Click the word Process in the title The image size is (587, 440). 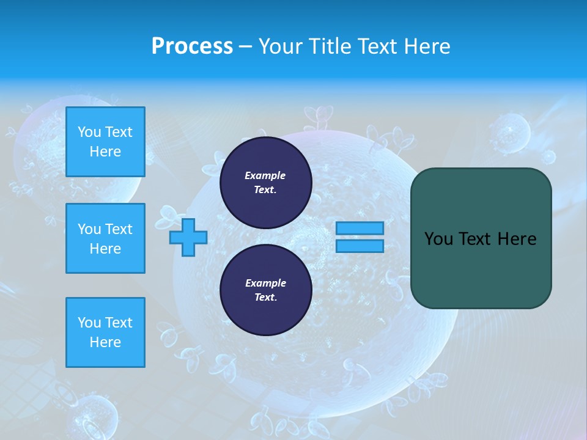coord(192,46)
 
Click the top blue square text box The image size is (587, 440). coord(105,142)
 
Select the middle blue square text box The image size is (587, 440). coord(105,238)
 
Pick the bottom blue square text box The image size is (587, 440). coord(105,332)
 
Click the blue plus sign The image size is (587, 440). coord(188,237)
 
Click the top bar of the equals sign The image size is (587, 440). coord(360,228)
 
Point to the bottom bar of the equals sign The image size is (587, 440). coord(360,246)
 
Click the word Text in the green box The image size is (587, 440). coord(474,239)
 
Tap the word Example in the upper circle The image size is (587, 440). coord(265,175)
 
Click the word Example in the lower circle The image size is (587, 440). coord(265,283)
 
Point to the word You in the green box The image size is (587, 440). coord(438,239)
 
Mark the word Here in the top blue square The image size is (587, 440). coord(105,152)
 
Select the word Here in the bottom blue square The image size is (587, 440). coord(105,342)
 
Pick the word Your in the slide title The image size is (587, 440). coord(281,46)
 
